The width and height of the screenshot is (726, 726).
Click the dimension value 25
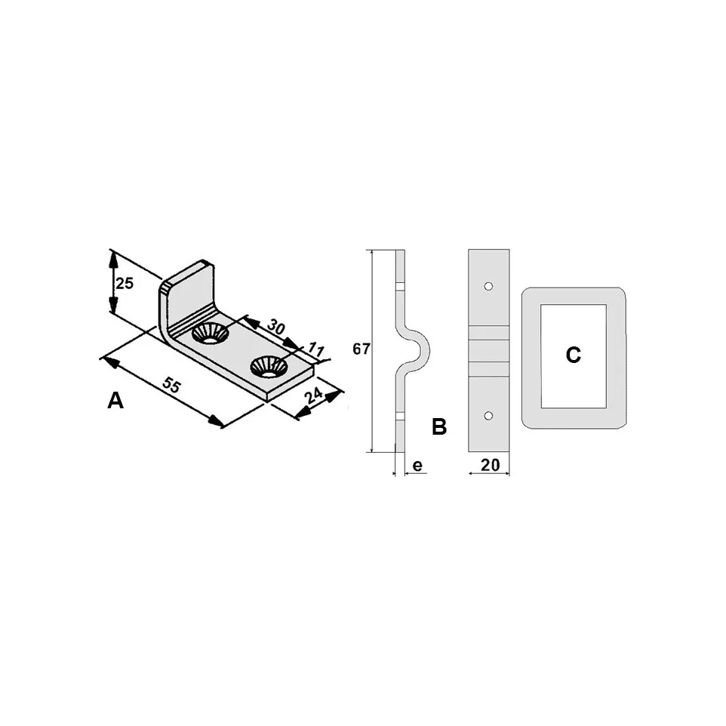(x=125, y=283)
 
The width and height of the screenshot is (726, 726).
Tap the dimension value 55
(x=171, y=385)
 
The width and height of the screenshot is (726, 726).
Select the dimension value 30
(x=276, y=327)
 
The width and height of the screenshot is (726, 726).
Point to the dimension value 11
(x=315, y=349)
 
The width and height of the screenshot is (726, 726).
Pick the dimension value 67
(x=361, y=349)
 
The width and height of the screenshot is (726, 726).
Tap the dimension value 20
(x=491, y=465)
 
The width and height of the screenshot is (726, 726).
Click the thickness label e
(x=417, y=466)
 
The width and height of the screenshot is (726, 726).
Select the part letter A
(x=115, y=401)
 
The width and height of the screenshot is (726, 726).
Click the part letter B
(x=439, y=426)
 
